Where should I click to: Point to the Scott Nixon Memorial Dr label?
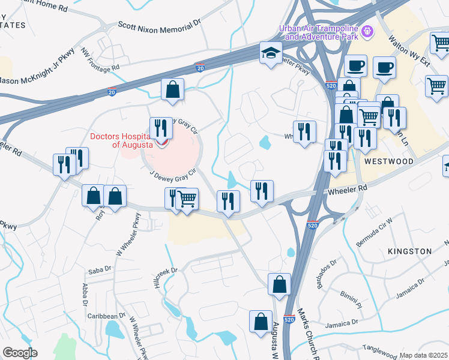pyautogui.click(x=158, y=26)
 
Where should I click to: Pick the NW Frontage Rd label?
pyautogui.click(x=101, y=62)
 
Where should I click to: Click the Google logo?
pyautogui.click(x=20, y=353)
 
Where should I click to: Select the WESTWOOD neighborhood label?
pyautogui.click(x=388, y=162)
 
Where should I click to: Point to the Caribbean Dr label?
pyautogui.click(x=104, y=315)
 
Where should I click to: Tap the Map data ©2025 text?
pyautogui.click(x=423, y=355)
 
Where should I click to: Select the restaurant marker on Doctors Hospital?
pyautogui.click(x=160, y=130)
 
